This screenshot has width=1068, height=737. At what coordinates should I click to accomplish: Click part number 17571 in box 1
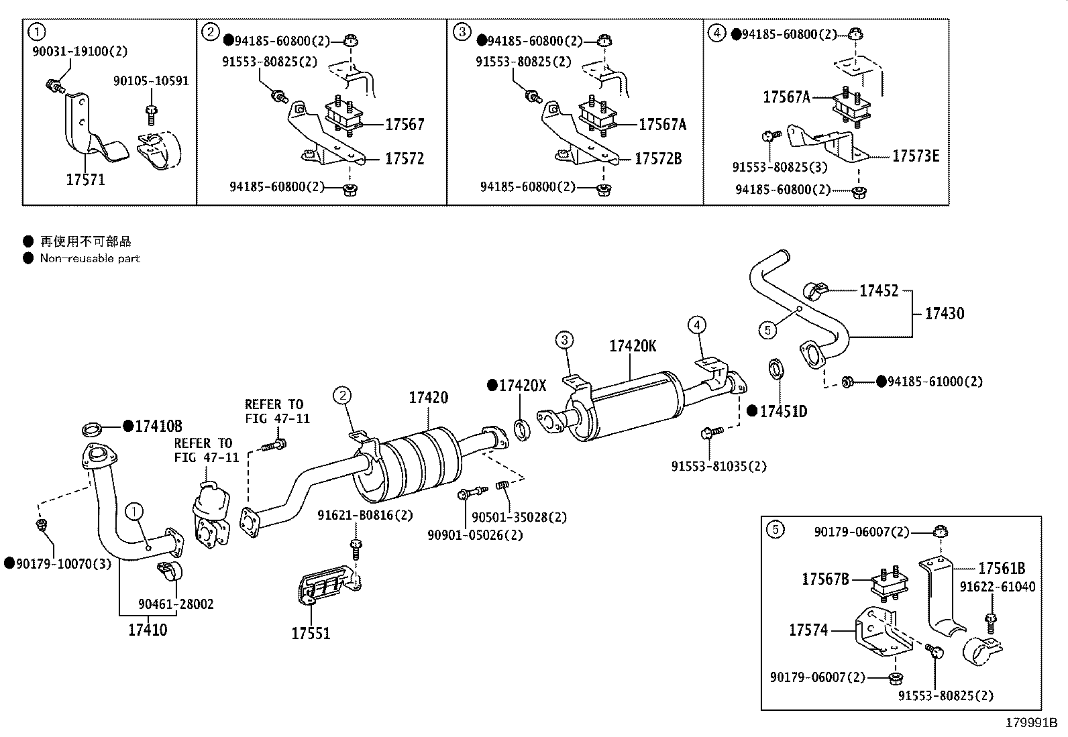click(x=85, y=180)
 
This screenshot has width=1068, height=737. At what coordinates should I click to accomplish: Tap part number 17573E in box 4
click(x=915, y=156)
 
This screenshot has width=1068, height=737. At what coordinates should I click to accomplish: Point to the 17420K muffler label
click(x=633, y=346)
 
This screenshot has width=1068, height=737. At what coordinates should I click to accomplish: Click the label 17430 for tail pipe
click(x=944, y=313)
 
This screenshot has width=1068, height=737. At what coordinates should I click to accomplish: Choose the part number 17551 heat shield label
click(x=311, y=633)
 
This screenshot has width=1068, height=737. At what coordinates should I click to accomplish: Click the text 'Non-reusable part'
click(x=89, y=258)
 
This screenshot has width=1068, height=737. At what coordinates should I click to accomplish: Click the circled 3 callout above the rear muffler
click(x=565, y=341)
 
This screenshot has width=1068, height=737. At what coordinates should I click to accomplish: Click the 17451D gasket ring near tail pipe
click(x=777, y=368)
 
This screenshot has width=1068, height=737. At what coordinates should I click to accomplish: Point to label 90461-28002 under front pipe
click(x=176, y=604)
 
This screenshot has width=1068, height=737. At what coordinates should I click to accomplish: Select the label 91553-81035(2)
click(x=718, y=466)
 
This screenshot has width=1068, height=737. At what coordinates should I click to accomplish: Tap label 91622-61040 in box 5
click(x=997, y=587)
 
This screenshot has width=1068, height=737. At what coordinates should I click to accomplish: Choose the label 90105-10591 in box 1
click(x=151, y=81)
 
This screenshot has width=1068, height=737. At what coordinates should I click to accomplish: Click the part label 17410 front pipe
click(x=148, y=630)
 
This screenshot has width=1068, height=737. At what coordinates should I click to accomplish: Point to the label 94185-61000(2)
click(x=935, y=382)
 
